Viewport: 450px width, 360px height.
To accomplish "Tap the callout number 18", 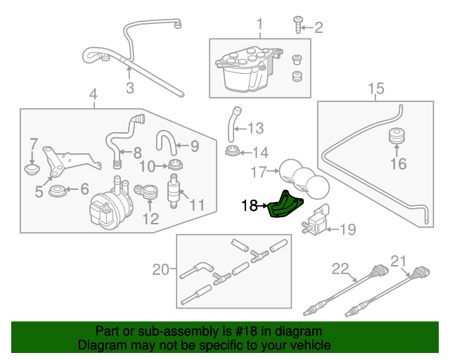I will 249,206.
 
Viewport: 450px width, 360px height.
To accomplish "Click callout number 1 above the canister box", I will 259,25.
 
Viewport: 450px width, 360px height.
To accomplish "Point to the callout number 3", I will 129,87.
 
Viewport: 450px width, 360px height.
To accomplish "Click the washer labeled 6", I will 58,190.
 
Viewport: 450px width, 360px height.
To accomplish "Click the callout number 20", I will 161,269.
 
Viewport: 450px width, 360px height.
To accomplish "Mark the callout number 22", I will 340,269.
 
